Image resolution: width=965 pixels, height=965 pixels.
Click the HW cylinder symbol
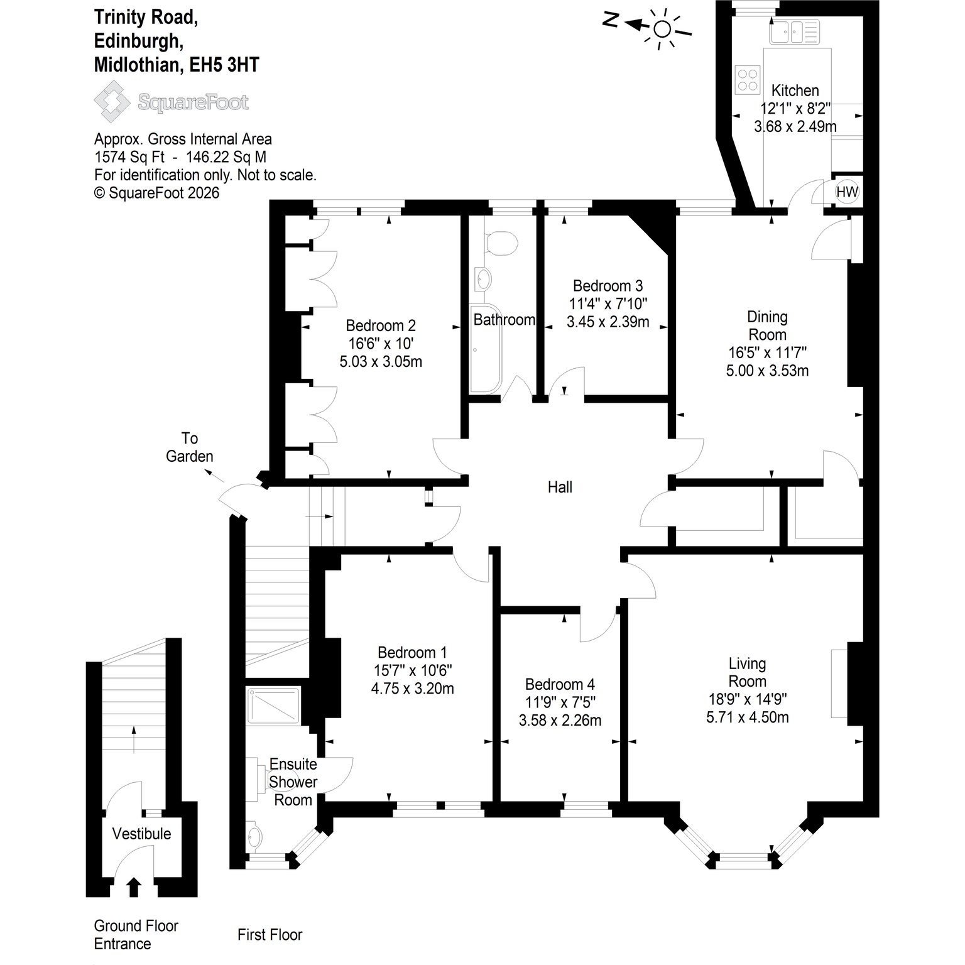[x=847, y=192]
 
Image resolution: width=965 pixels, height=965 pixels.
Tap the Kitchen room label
[x=795, y=90]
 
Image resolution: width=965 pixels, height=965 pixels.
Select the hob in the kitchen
[x=748, y=79]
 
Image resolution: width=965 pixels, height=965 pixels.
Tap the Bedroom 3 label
[x=608, y=286]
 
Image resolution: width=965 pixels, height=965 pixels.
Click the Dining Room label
[x=767, y=325]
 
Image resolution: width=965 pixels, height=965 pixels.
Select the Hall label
[x=560, y=487]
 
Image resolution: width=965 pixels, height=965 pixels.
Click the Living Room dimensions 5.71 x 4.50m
[x=748, y=717]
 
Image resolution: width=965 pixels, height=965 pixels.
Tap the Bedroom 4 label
[x=560, y=684]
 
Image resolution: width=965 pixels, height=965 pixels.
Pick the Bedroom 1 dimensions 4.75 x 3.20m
[x=412, y=689]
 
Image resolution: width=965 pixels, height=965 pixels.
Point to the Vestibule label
[x=141, y=834]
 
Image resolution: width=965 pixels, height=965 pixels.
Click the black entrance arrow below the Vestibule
[x=133, y=887]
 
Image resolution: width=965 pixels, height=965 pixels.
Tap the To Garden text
[x=190, y=447]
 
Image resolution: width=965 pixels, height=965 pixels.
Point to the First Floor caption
[x=270, y=935]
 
